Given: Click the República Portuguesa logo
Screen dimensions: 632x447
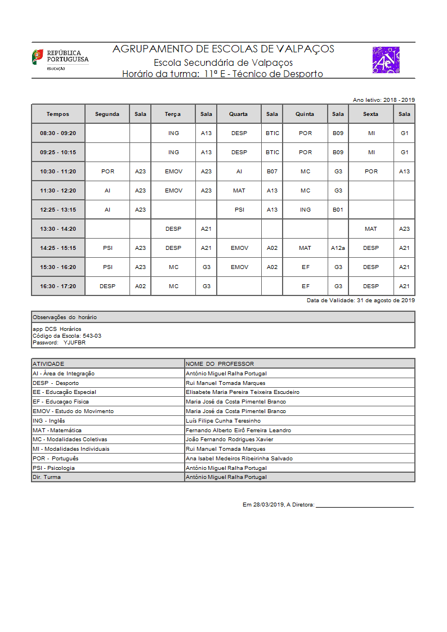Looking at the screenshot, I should (x=60, y=59).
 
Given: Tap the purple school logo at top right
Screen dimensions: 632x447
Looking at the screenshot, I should (x=386, y=60).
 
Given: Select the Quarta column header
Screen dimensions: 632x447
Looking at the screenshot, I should (x=238, y=114).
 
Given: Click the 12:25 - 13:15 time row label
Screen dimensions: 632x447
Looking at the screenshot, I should (x=58, y=210).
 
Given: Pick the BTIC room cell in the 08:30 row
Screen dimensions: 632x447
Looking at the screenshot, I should (x=272, y=133).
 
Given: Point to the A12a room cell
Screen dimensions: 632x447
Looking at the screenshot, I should (x=338, y=248).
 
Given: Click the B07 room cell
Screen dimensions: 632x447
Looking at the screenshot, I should (x=272, y=172).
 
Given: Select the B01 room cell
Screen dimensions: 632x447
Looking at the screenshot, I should (x=338, y=210).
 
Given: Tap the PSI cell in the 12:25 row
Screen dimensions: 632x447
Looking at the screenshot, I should (x=239, y=210).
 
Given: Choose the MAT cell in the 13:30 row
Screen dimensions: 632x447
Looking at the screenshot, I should (x=371, y=229).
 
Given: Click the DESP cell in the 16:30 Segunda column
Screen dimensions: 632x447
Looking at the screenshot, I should (x=108, y=286).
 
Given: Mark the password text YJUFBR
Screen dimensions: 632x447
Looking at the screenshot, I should (x=74, y=342).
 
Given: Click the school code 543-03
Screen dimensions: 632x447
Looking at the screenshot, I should (x=92, y=335).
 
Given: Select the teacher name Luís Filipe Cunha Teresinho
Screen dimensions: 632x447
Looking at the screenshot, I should (x=223, y=421).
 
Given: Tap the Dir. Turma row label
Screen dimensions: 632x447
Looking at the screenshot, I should (x=47, y=477).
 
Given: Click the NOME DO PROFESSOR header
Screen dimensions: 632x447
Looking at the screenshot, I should (x=220, y=364).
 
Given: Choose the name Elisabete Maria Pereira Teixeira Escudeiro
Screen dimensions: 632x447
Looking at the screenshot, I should (x=243, y=392).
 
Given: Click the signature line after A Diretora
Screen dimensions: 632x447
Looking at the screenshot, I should (x=365, y=507).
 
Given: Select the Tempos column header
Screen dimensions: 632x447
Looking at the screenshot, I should (x=58, y=114).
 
